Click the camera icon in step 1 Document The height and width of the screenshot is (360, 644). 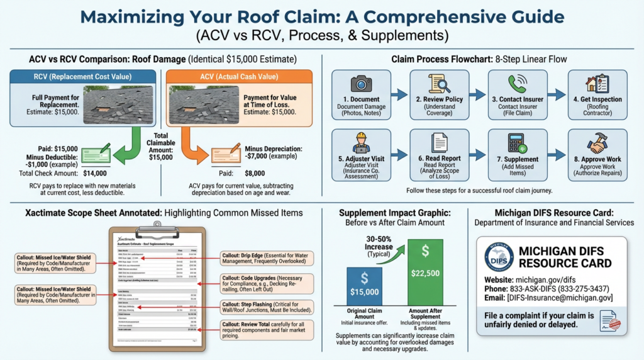[361, 83]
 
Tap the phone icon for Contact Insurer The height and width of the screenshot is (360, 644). [518, 83]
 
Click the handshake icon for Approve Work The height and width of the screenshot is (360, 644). [597, 142]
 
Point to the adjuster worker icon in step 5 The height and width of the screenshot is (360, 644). [361, 142]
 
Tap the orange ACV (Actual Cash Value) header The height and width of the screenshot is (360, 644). [239, 77]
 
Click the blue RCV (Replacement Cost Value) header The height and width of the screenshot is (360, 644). [83, 77]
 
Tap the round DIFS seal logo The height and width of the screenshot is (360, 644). [499, 256]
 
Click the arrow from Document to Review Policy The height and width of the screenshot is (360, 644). [398, 94]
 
